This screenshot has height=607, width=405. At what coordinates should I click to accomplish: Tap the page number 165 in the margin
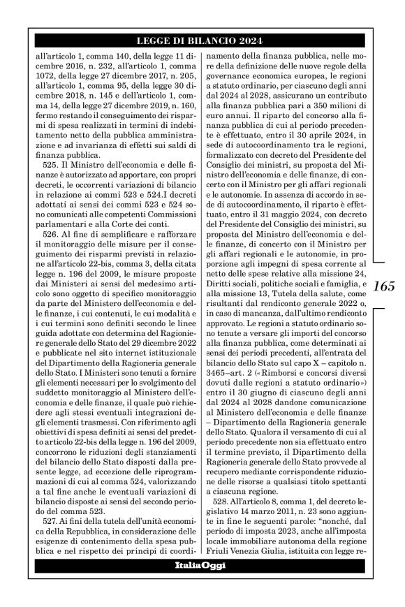click(x=384, y=286)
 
